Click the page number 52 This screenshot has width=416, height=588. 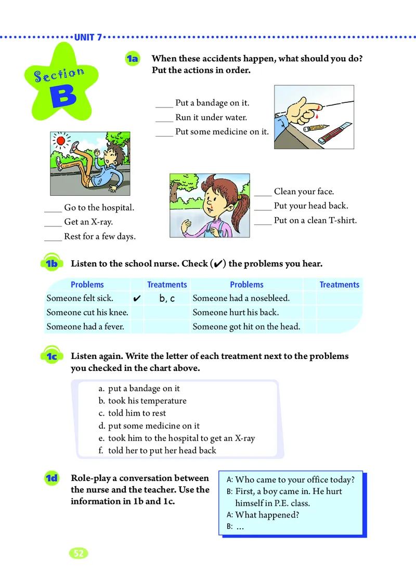pos(79,553)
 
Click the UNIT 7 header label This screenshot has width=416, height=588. pos(88,37)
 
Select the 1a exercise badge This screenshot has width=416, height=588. pos(132,59)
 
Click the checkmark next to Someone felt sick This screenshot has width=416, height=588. pos(137,299)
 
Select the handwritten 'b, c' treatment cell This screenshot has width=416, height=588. pos(167,299)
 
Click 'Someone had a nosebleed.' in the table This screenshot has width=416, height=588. pos(241,298)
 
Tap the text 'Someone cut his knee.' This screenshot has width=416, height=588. pos(87,313)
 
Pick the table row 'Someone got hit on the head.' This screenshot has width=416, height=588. pos(246,327)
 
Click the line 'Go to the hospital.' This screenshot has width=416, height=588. pos(99,207)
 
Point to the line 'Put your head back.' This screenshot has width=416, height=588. pos(310,206)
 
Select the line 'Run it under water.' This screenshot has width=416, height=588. pos(211,117)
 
